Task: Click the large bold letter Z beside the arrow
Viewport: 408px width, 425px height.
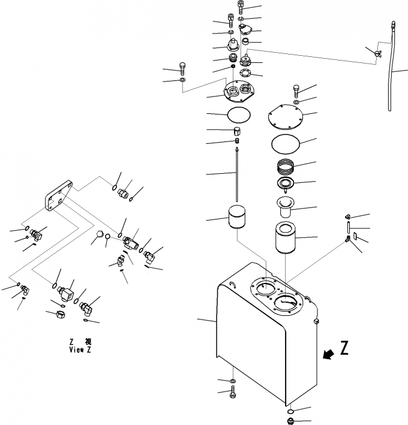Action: click(x=344, y=349)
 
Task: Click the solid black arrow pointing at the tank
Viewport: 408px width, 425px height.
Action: click(x=328, y=356)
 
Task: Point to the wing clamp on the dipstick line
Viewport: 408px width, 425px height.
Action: click(x=376, y=55)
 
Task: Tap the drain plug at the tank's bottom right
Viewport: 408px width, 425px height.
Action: click(x=291, y=420)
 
